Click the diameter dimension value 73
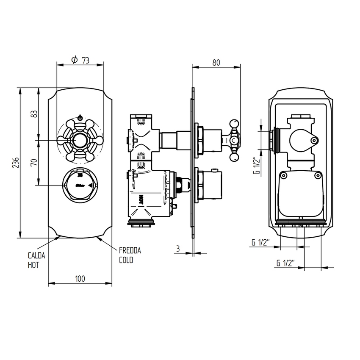coord(85,61)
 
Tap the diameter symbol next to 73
coord(74,60)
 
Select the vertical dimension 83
coord(35,114)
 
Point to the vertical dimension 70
coord(35,162)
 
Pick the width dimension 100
coord(80,278)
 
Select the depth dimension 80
coord(216,62)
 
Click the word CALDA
coord(36,255)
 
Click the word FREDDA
coord(130,251)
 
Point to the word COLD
coord(126,260)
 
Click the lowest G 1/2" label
coord(285,263)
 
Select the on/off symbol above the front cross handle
coord(80,116)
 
